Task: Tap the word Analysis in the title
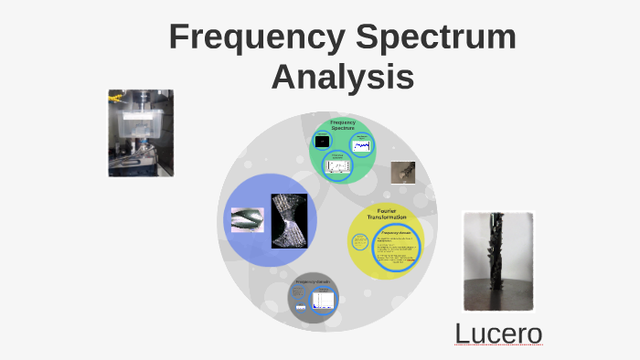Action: [343, 77]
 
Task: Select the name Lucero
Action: [499, 334]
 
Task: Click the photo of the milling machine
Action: [141, 132]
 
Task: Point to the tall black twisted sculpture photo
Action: [498, 261]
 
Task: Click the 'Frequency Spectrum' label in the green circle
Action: [343, 125]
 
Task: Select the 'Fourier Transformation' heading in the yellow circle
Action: [386, 214]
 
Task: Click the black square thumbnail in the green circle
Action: [321, 142]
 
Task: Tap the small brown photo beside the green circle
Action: [403, 173]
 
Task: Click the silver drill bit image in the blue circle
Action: [246, 219]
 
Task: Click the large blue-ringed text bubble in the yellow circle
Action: [396, 249]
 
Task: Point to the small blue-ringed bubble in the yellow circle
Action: [358, 242]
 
